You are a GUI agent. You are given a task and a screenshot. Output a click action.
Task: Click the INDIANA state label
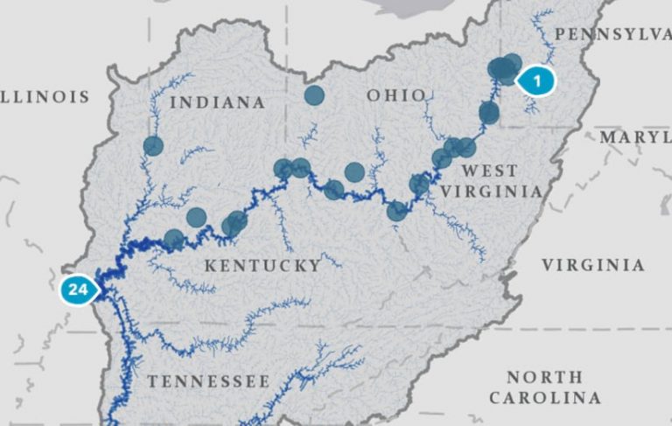[x=217, y=102]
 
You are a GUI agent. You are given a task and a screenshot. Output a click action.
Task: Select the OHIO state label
[x=396, y=94]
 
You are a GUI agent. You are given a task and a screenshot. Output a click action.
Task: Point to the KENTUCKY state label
[x=262, y=265]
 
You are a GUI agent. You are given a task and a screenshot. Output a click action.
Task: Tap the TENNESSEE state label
[x=208, y=381]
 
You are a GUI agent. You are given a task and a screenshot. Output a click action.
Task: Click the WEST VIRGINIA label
[x=490, y=180]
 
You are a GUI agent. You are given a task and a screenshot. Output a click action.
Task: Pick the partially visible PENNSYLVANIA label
[x=612, y=34]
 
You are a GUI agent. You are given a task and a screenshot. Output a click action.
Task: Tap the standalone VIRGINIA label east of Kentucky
[x=593, y=264]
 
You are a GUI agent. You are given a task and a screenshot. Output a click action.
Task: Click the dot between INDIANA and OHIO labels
[x=314, y=95]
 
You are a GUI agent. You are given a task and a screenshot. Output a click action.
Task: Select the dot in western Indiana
[x=153, y=146]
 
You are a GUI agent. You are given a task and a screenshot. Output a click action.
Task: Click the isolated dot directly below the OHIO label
[x=353, y=172]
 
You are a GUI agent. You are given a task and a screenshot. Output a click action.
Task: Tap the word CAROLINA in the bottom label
[x=544, y=398]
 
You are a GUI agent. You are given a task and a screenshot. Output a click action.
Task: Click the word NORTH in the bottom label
[x=544, y=377]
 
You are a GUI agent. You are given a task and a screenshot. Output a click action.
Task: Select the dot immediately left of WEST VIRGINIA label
[x=442, y=158]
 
